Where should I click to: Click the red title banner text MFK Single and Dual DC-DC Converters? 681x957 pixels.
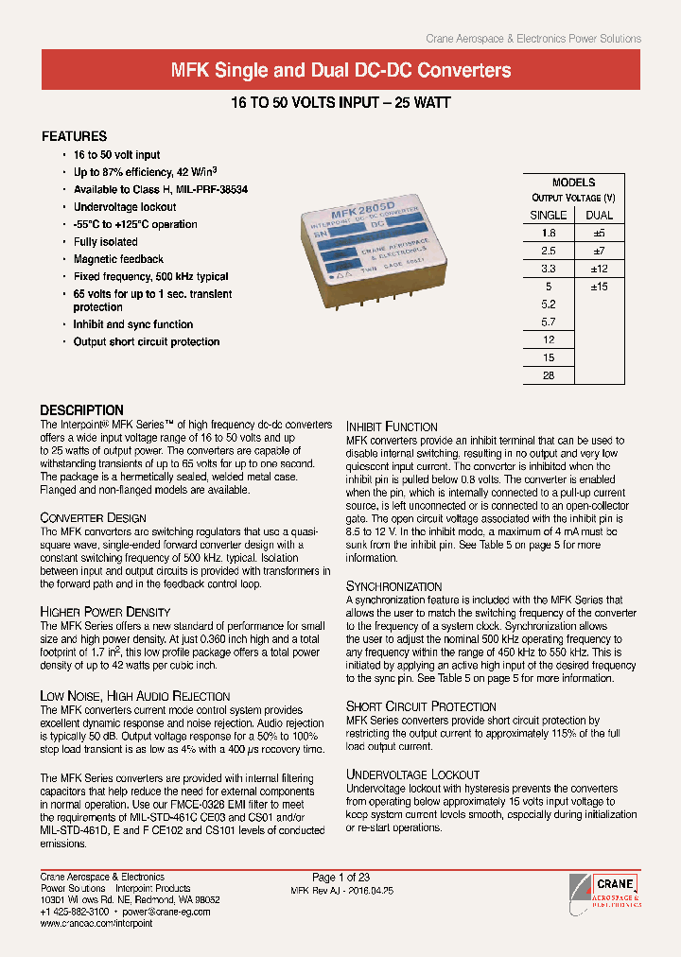click(340, 70)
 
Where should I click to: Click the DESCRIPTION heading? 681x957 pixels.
click(81, 410)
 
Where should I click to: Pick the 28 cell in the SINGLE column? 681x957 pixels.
click(549, 376)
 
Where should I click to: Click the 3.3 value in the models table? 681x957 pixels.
click(549, 269)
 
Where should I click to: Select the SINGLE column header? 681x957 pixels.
click(549, 215)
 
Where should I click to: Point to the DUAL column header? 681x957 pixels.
click(600, 215)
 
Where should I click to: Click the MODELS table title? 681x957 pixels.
click(573, 183)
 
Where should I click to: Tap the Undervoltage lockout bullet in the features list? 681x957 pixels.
click(124, 207)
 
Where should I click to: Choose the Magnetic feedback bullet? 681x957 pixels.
click(118, 259)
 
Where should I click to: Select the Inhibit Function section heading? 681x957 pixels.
click(392, 426)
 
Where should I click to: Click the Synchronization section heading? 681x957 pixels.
click(393, 586)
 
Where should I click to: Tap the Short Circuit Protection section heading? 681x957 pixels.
click(421, 706)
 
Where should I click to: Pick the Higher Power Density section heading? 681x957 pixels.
click(105, 613)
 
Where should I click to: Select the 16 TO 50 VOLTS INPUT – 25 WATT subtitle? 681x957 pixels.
click(340, 102)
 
